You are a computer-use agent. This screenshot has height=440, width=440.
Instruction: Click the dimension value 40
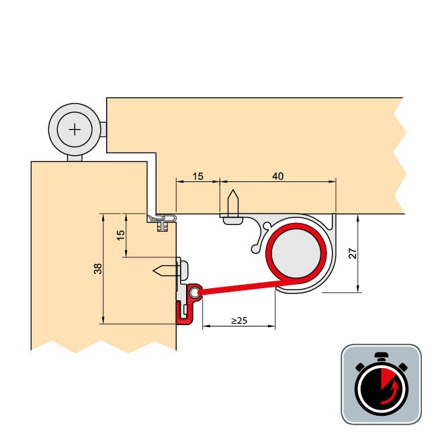278,176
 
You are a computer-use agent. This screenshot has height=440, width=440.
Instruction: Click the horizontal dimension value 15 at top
198,176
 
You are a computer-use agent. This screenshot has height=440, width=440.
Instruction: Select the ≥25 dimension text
239,320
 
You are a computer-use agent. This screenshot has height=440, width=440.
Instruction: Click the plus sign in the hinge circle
75,128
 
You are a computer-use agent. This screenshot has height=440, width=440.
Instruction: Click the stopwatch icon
381,384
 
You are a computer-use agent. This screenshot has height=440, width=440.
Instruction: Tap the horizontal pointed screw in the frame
167,270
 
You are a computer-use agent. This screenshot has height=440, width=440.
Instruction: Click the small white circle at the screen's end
195,293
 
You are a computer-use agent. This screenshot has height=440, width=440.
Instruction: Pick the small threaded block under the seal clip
161,227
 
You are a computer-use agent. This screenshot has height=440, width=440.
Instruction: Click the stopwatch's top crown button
381,355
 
